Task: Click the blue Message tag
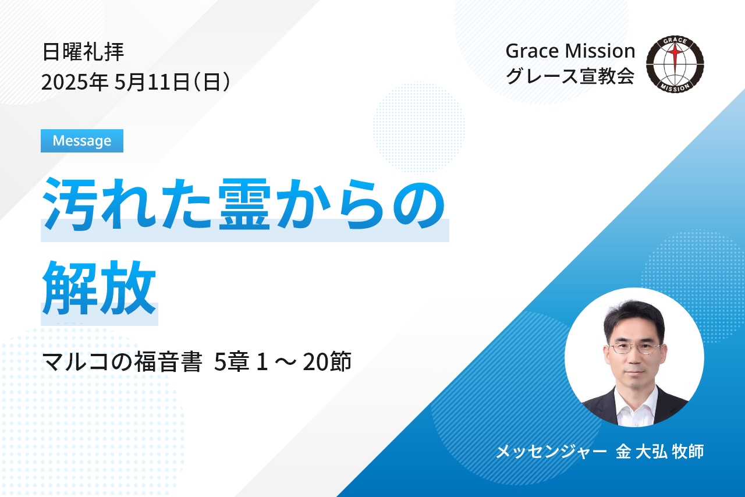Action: (x=82, y=141)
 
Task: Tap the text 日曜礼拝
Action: (x=83, y=52)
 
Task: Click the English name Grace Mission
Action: (x=570, y=51)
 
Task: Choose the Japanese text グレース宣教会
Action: (x=570, y=76)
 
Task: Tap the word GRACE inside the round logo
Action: (x=675, y=41)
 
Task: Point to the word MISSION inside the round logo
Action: (x=675, y=87)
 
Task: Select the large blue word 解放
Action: (x=99, y=287)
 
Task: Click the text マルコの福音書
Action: (x=122, y=362)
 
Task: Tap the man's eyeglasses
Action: (x=634, y=348)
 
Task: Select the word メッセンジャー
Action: (x=551, y=452)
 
